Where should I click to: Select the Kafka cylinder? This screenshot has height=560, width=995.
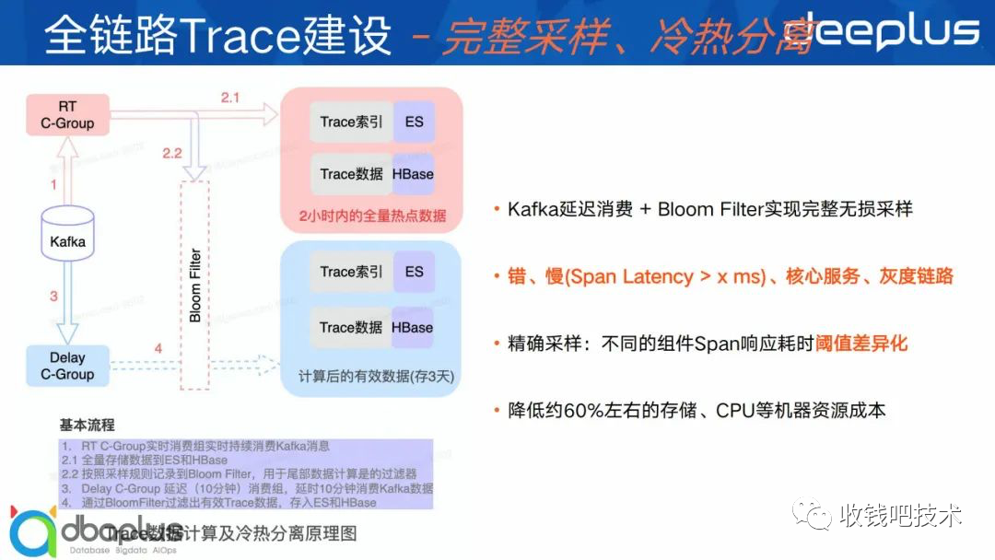[67, 235]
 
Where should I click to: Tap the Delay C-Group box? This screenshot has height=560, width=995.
[67, 366]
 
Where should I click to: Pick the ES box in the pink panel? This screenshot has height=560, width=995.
[414, 122]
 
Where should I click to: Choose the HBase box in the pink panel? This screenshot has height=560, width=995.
[412, 174]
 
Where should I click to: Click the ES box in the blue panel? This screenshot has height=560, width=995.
[414, 272]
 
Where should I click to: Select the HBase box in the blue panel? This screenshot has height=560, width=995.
[412, 327]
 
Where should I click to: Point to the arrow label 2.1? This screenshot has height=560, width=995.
[229, 96]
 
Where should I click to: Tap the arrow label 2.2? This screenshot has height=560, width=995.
[171, 153]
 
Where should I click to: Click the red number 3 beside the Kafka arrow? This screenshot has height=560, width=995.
[53, 297]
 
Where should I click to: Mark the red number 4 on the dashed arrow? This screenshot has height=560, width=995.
[158, 349]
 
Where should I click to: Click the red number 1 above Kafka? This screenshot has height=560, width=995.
[53, 185]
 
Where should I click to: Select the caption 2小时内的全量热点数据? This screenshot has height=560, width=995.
[372, 216]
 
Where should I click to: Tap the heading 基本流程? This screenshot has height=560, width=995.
[88, 426]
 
